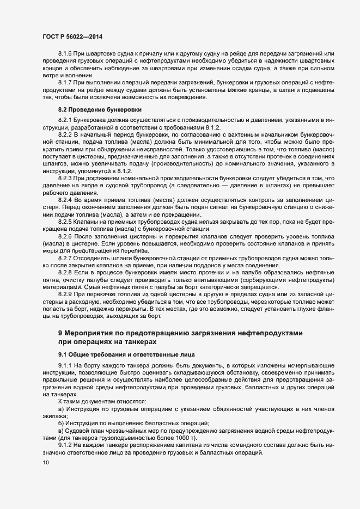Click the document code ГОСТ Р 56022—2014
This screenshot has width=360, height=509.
(x=72, y=36)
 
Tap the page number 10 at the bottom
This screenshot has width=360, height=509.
(x=45, y=463)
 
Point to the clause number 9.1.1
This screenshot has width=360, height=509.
(x=65, y=365)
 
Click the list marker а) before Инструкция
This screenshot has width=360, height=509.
(x=61, y=408)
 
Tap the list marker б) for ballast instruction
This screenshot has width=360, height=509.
(x=61, y=422)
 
